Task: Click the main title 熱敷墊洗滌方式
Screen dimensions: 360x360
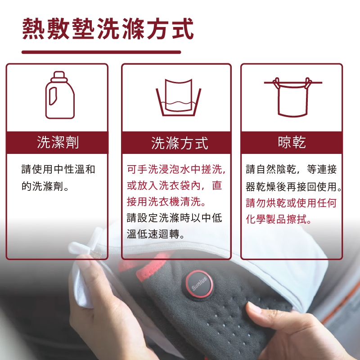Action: point(108,29)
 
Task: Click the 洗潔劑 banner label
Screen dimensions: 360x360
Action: point(58,142)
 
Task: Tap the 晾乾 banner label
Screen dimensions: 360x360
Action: point(292,142)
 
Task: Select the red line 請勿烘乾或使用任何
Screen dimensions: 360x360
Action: point(291,202)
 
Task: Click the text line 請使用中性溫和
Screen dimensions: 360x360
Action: point(58,170)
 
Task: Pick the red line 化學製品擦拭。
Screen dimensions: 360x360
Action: point(280,219)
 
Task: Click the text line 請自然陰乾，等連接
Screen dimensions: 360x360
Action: point(291,170)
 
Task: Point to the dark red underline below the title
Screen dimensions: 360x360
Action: point(101,52)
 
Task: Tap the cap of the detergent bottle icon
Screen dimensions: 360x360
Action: point(60,75)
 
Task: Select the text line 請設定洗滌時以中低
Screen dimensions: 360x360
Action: point(175,218)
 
